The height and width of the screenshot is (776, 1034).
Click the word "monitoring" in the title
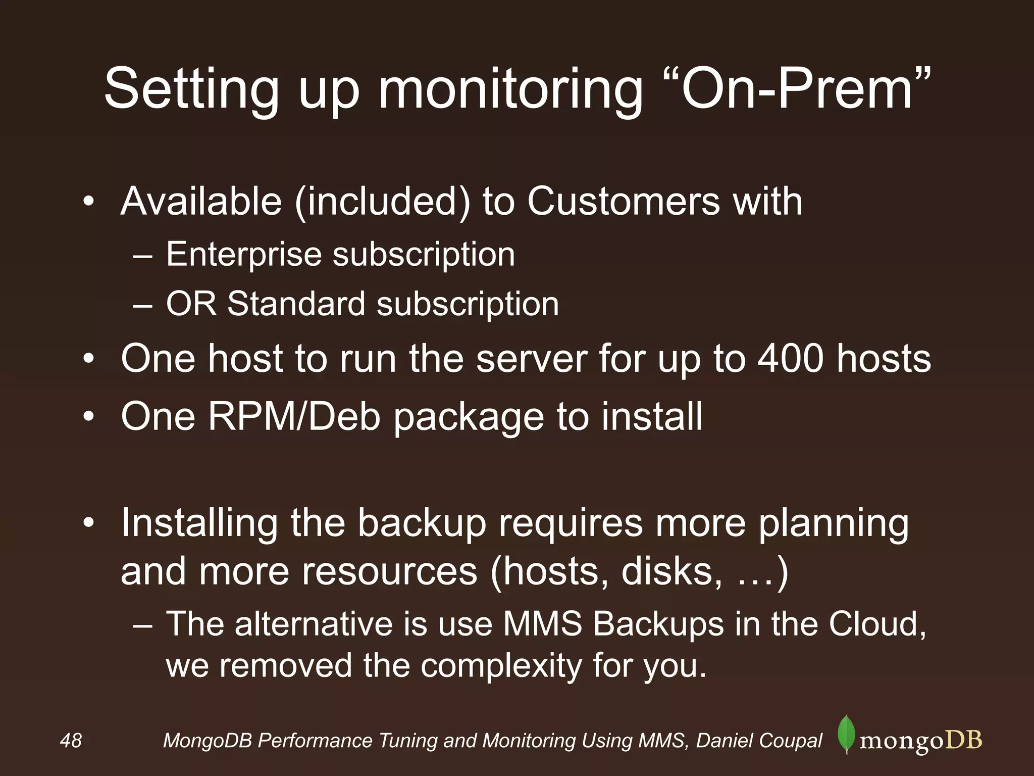pos(510,91)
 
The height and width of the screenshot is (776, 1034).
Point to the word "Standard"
pos(296,304)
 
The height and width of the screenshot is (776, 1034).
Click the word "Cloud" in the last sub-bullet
pos(876,624)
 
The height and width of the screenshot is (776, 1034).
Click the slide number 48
pos(71,741)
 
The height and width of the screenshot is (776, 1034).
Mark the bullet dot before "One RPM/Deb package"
pos(89,417)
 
